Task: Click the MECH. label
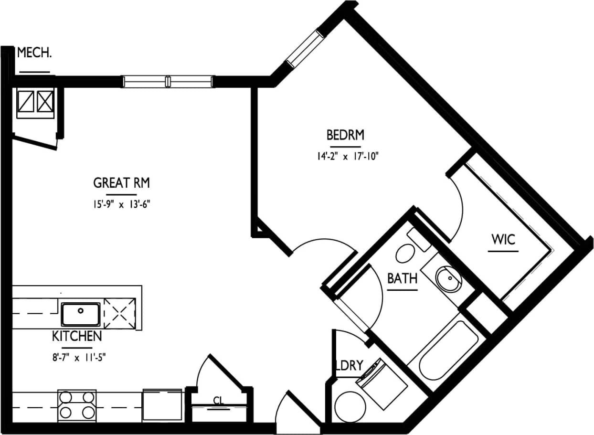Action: [34, 53]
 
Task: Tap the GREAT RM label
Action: [122, 183]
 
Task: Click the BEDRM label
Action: [345, 135]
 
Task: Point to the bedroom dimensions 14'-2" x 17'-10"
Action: [345, 156]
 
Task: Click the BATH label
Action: [402, 278]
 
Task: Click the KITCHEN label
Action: [77, 336]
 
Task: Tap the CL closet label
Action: [219, 401]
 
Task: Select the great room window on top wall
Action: [168, 82]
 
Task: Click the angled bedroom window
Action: [305, 48]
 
